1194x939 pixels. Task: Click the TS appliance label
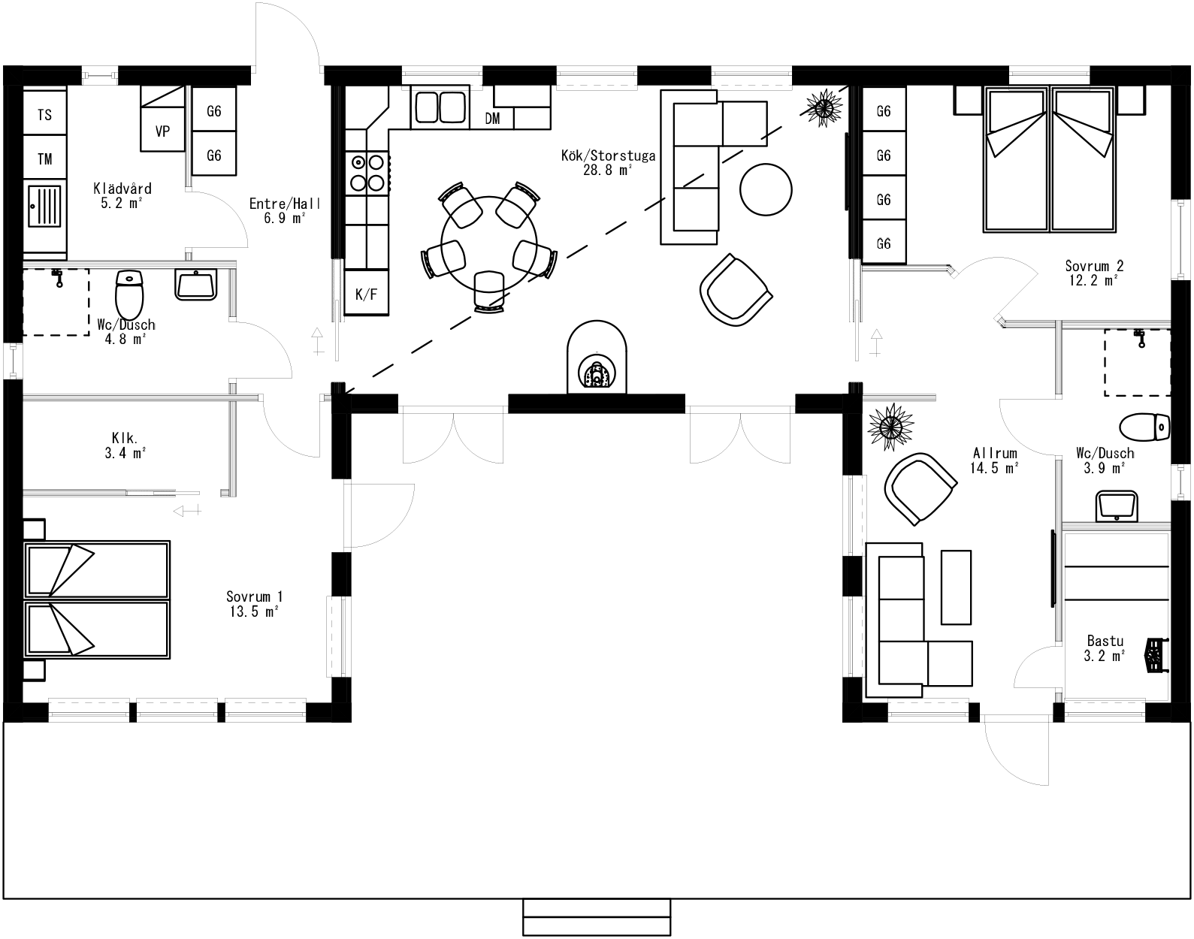click(44, 114)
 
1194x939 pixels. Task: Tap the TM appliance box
click(44, 159)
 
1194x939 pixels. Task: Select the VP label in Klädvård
click(162, 131)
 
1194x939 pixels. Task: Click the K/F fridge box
click(366, 294)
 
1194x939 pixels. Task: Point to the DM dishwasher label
click(492, 119)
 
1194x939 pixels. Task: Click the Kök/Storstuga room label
click(608, 156)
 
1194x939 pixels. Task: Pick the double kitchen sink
click(440, 107)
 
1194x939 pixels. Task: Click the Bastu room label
click(1105, 641)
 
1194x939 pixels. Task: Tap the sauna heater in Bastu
click(1156, 654)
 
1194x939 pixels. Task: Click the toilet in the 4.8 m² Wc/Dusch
click(129, 294)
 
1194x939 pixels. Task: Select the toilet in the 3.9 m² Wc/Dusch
click(1144, 428)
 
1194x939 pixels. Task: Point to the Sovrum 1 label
click(254, 596)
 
